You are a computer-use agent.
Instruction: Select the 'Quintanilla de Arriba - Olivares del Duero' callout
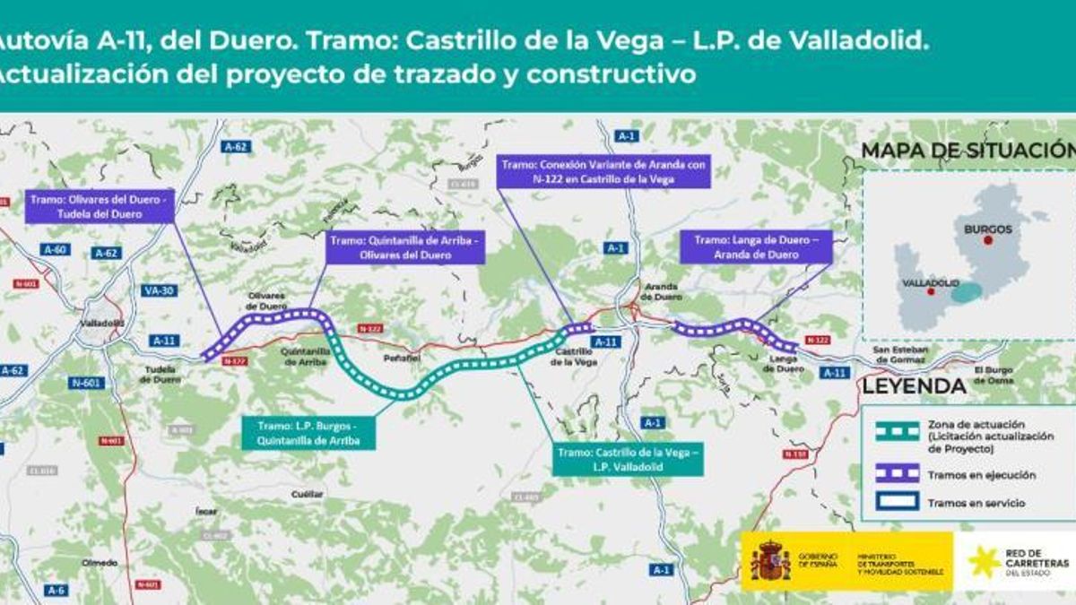[404, 247]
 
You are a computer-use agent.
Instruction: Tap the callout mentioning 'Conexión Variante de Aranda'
[603, 171]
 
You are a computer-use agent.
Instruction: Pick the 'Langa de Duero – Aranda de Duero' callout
[756, 247]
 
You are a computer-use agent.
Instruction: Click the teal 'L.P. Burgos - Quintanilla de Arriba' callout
[308, 433]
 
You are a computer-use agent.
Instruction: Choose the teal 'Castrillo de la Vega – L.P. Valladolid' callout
[627, 459]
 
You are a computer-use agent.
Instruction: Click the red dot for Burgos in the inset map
[987, 240]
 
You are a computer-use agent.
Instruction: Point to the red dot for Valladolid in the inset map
[931, 291]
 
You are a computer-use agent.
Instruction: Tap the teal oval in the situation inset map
[967, 292]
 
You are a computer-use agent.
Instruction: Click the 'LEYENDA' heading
[914, 386]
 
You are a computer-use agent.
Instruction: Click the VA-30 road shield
[159, 290]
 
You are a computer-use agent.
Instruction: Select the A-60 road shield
[55, 250]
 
